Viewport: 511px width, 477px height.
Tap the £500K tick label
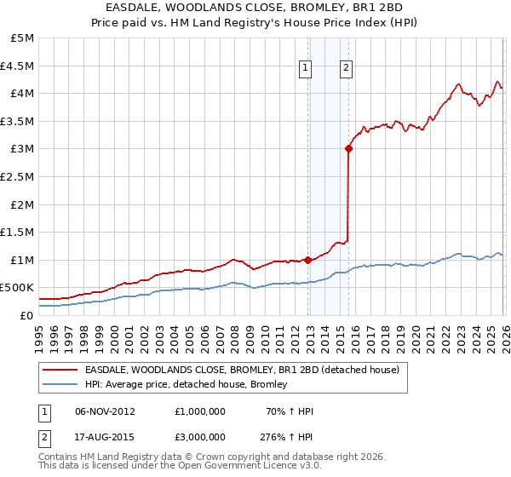[x=17, y=288]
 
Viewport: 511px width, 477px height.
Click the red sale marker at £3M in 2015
[x=348, y=148]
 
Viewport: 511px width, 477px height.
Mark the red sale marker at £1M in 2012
[x=307, y=260]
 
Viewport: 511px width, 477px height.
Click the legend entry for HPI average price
[x=186, y=384]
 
